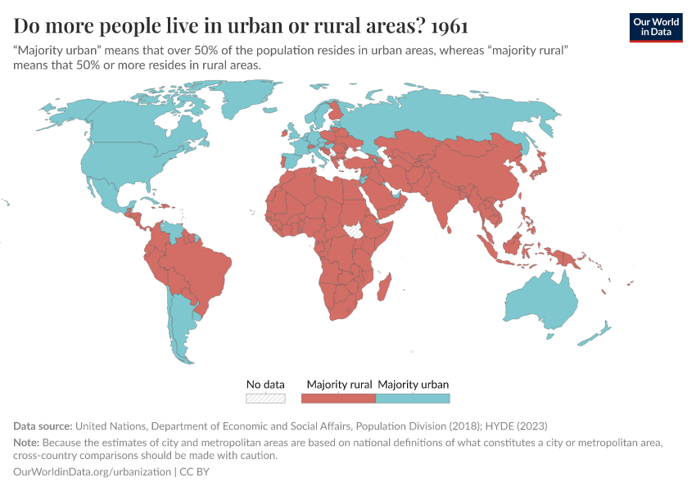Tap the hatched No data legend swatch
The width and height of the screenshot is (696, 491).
tap(265, 399)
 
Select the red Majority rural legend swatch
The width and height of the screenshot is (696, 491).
tap(338, 399)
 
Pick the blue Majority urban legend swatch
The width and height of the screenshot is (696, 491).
tap(413, 399)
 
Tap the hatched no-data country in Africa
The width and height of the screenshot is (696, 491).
tap(355, 231)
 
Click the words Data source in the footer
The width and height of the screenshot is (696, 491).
tap(43, 426)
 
